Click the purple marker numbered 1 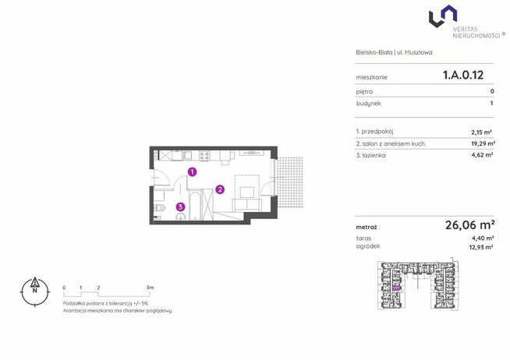(x=193, y=171)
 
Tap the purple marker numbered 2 (x=220, y=189)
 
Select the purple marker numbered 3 (x=180, y=206)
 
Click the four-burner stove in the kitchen (x=204, y=155)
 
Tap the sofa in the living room (x=247, y=205)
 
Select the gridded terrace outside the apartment (x=290, y=182)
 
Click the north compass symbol (x=35, y=291)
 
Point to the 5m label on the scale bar (x=150, y=288)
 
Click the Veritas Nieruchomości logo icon (x=443, y=16)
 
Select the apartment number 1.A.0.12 (x=463, y=75)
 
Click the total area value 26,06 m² (x=470, y=224)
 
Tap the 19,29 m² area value (x=483, y=143)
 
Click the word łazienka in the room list (x=373, y=155)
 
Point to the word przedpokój (x=377, y=132)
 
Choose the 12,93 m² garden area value (x=480, y=247)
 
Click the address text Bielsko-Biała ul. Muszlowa (x=394, y=52)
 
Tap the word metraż (x=367, y=227)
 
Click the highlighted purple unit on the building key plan (x=396, y=288)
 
